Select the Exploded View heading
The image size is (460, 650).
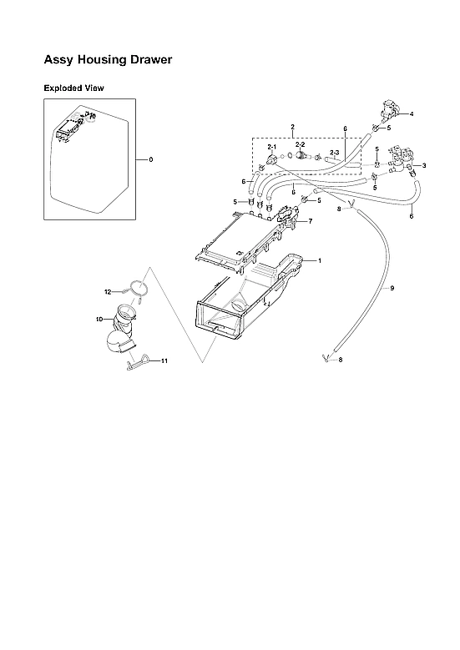73,88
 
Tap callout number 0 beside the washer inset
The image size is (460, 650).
150,159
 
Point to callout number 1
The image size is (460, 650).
319,261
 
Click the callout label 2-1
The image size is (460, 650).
271,146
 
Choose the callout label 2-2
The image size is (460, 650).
300,144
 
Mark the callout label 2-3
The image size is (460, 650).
333,152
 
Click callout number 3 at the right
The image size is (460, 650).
424,165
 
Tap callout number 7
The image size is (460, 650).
310,221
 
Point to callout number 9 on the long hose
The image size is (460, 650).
392,288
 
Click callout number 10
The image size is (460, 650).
98,319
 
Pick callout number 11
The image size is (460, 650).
164,360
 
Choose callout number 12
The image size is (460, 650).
107,291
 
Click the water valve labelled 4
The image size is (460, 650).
388,109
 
